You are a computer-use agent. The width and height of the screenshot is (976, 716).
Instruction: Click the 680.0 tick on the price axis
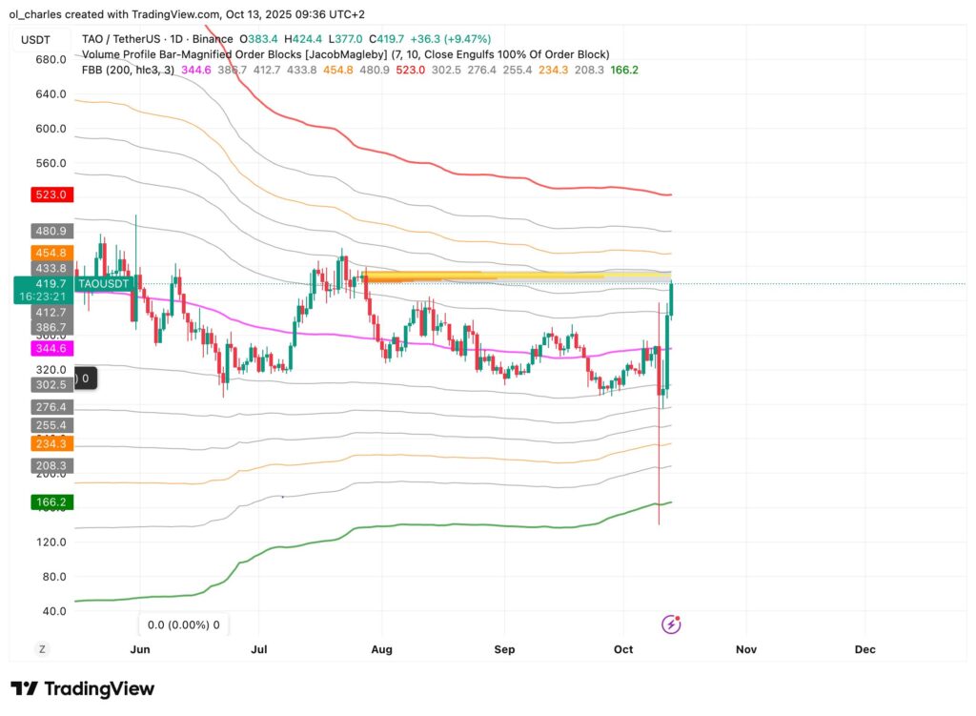[50, 59]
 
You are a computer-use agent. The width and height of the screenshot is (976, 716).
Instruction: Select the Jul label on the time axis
[258, 649]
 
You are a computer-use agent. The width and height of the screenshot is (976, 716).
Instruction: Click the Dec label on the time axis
[864, 649]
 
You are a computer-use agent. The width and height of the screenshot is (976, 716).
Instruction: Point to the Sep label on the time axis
[504, 649]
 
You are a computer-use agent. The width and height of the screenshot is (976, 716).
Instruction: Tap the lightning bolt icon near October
[671, 624]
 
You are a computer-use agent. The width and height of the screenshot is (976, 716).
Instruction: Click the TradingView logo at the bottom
[82, 688]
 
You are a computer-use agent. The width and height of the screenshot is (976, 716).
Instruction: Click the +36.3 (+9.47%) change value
[453, 39]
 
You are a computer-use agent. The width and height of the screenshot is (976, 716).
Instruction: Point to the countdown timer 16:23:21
[41, 297]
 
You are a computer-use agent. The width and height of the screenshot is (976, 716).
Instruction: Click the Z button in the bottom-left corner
[42, 649]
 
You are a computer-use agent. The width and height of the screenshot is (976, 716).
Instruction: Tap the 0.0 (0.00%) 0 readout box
[182, 625]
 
